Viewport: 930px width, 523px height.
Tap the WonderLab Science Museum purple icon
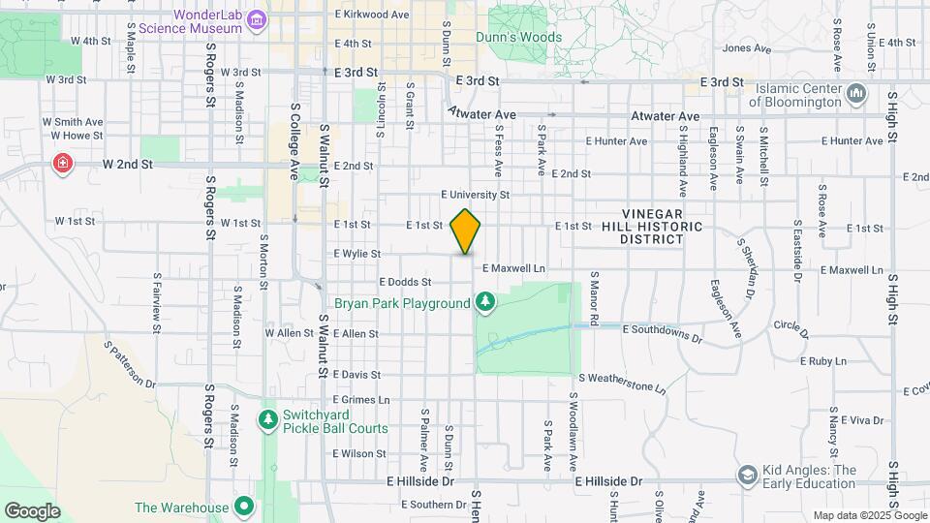pyautogui.click(x=257, y=18)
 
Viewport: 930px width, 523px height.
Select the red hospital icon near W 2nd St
pyautogui.click(x=64, y=163)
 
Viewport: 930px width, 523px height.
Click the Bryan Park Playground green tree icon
pyautogui.click(x=485, y=303)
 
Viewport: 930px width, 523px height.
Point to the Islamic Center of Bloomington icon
pyautogui.click(x=855, y=93)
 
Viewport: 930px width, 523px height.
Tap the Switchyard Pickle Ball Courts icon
pyautogui.click(x=268, y=419)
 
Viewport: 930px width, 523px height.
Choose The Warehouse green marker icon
pyautogui.click(x=245, y=507)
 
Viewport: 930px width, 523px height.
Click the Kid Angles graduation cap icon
pyautogui.click(x=747, y=476)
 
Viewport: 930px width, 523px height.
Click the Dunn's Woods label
pyautogui.click(x=518, y=38)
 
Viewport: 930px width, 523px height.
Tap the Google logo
pyautogui.click(x=31, y=510)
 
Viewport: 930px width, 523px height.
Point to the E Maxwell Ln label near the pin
pyautogui.click(x=513, y=267)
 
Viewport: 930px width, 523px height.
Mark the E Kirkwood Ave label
pyautogui.click(x=371, y=15)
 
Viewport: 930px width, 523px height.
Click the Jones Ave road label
pyautogui.click(x=746, y=47)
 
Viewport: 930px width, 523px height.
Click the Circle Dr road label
pyautogui.click(x=791, y=328)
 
